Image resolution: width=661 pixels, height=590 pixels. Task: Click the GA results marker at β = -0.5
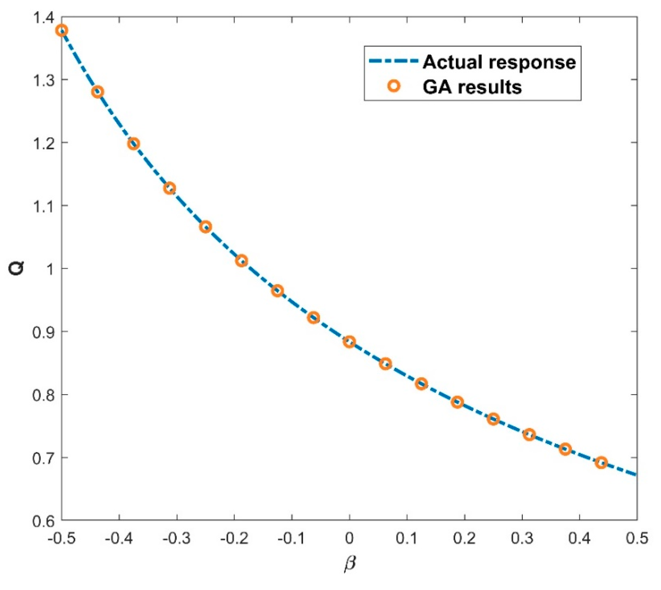click(x=62, y=31)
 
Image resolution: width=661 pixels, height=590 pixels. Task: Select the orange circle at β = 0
click(x=349, y=342)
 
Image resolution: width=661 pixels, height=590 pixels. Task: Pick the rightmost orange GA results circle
click(x=601, y=463)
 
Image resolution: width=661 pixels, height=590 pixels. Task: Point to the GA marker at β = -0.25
click(x=205, y=227)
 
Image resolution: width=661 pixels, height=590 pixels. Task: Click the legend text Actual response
click(x=499, y=62)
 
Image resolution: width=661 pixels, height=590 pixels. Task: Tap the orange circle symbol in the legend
click(x=394, y=86)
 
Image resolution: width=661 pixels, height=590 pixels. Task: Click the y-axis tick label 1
click(x=49, y=268)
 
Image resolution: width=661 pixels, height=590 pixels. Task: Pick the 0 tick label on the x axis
click(x=349, y=538)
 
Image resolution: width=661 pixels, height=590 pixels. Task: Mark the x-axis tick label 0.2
click(x=465, y=538)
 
